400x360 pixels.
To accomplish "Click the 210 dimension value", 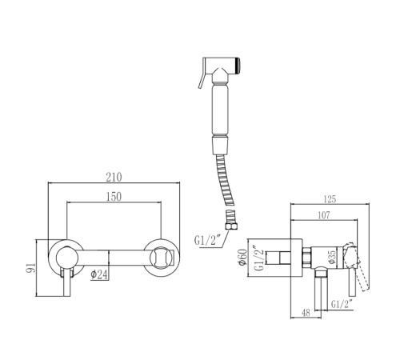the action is coord(114,178).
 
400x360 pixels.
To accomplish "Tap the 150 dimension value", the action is coord(114,197).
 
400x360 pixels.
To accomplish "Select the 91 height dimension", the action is coord(30,267).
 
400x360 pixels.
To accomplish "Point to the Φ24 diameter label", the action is coord(99,274).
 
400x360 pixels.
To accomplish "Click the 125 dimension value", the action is coord(330,199).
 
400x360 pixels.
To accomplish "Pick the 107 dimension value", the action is coord(324,215).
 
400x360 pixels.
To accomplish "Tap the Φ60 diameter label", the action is coord(243,258).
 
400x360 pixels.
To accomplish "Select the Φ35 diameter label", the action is coord(332,257).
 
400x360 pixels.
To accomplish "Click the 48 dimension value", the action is coord(306,312).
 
